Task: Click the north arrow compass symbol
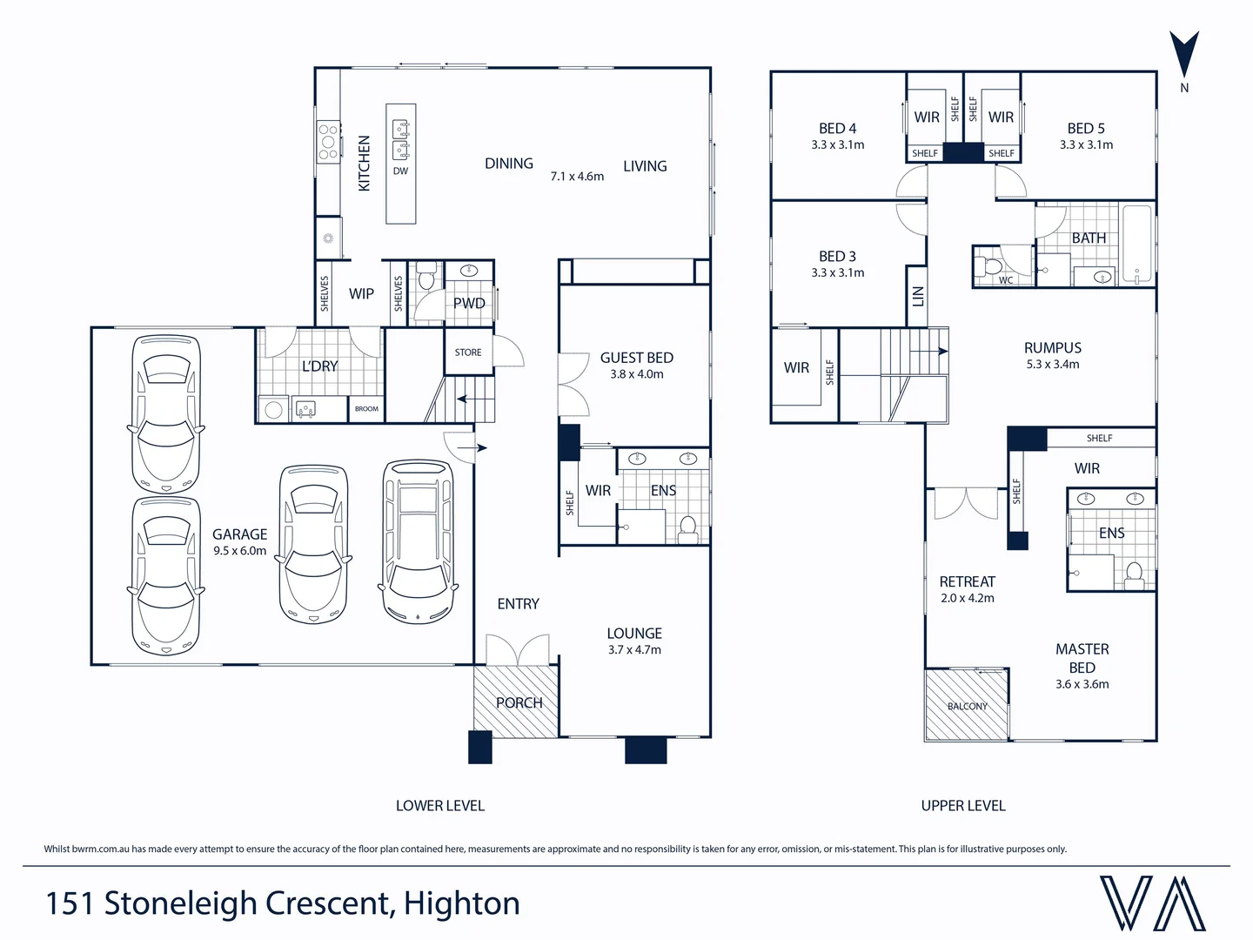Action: tap(1183, 55)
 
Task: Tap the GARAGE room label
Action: tap(239, 534)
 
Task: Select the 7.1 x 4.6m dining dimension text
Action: tap(577, 177)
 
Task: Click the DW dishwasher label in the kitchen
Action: tap(400, 171)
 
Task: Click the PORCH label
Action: tap(519, 703)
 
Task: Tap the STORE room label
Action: tap(468, 352)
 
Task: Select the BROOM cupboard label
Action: tap(366, 409)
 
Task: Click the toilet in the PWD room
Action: tap(425, 278)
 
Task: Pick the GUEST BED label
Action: tap(636, 358)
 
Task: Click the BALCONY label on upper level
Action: tap(968, 707)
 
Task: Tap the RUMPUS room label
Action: tap(1052, 348)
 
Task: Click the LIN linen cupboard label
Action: tap(917, 296)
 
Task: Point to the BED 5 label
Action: tap(1086, 129)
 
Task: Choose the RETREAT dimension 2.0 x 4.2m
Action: tap(967, 599)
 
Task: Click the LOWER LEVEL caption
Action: tap(439, 806)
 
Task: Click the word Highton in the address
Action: tap(462, 904)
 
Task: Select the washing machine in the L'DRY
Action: tap(274, 409)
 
